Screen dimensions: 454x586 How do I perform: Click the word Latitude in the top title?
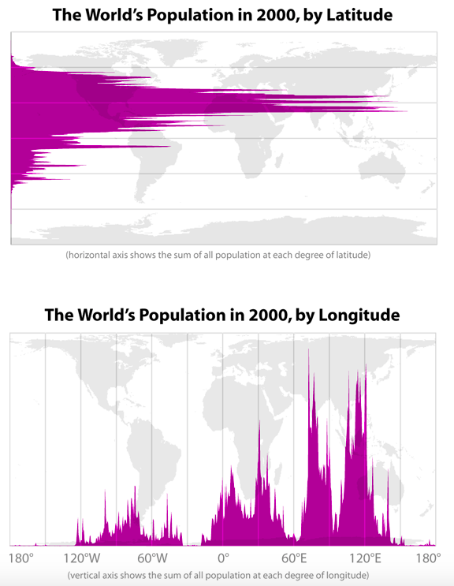pyautogui.click(x=359, y=15)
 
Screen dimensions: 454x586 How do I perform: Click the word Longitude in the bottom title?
pyautogui.click(x=359, y=315)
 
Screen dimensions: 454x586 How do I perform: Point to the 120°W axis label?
pyautogui.click(x=81, y=558)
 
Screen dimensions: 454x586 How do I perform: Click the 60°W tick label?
pyautogui.click(x=152, y=558)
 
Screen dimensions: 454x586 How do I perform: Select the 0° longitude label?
pyautogui.click(x=223, y=558)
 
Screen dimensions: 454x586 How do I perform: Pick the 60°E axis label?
pyautogui.click(x=294, y=558)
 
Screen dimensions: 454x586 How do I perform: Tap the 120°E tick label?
pyautogui.click(x=365, y=558)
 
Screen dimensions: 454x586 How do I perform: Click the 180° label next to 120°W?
pyautogui.click(x=21, y=558)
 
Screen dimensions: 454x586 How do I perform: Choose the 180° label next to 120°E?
pyautogui.click(x=429, y=558)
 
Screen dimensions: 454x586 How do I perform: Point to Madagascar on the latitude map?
pyautogui.click(x=278, y=159)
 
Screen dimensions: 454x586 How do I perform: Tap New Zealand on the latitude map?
pyautogui.click(x=429, y=186)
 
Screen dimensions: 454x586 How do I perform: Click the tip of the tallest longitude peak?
pyautogui.click(x=308, y=349)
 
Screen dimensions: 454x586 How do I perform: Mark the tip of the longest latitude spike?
pyautogui.click(x=407, y=111)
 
